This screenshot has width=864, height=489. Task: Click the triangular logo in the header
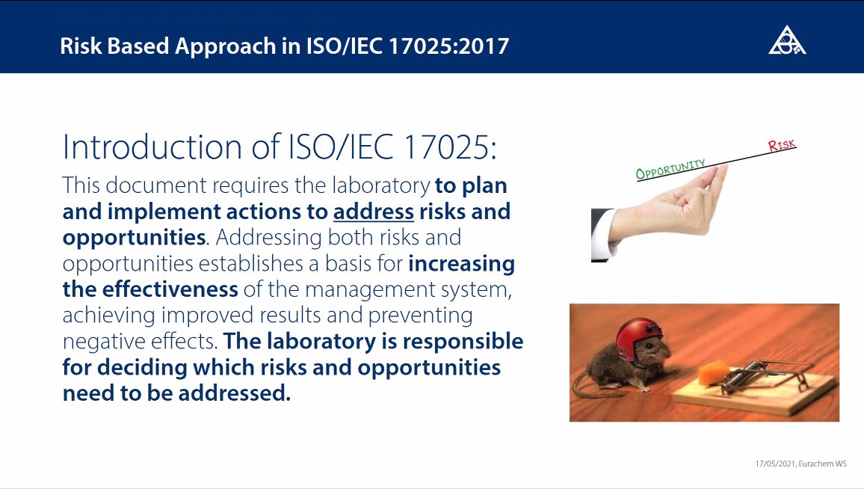787,40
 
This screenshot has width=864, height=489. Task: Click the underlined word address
374,212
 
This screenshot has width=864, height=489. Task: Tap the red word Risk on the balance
782,145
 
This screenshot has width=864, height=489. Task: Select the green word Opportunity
670,170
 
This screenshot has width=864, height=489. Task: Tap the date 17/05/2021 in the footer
775,464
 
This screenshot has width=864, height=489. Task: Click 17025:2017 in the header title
448,46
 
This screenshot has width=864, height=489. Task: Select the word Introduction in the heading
152,147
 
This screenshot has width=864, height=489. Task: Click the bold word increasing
461,264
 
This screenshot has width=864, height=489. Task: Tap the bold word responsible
463,342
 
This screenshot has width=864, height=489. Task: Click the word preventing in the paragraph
421,316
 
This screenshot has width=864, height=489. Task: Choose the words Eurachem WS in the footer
822,464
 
